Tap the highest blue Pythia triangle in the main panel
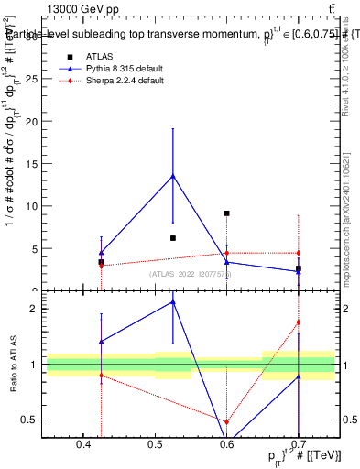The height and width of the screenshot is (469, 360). click(x=173, y=176)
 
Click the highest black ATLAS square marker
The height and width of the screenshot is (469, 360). click(x=226, y=213)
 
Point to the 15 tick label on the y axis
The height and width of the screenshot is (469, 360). click(x=33, y=164)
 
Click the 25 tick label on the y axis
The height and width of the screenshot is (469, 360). click(x=33, y=79)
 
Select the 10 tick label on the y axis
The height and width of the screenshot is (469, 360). click(x=33, y=206)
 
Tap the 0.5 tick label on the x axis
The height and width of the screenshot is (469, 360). click(x=155, y=445)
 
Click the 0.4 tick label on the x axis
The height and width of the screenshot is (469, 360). click(x=83, y=445)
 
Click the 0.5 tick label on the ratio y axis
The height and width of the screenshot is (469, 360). click(x=30, y=420)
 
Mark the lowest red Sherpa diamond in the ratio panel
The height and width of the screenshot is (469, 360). click(x=226, y=422)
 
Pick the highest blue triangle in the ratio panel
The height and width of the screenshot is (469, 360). click(x=173, y=301)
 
